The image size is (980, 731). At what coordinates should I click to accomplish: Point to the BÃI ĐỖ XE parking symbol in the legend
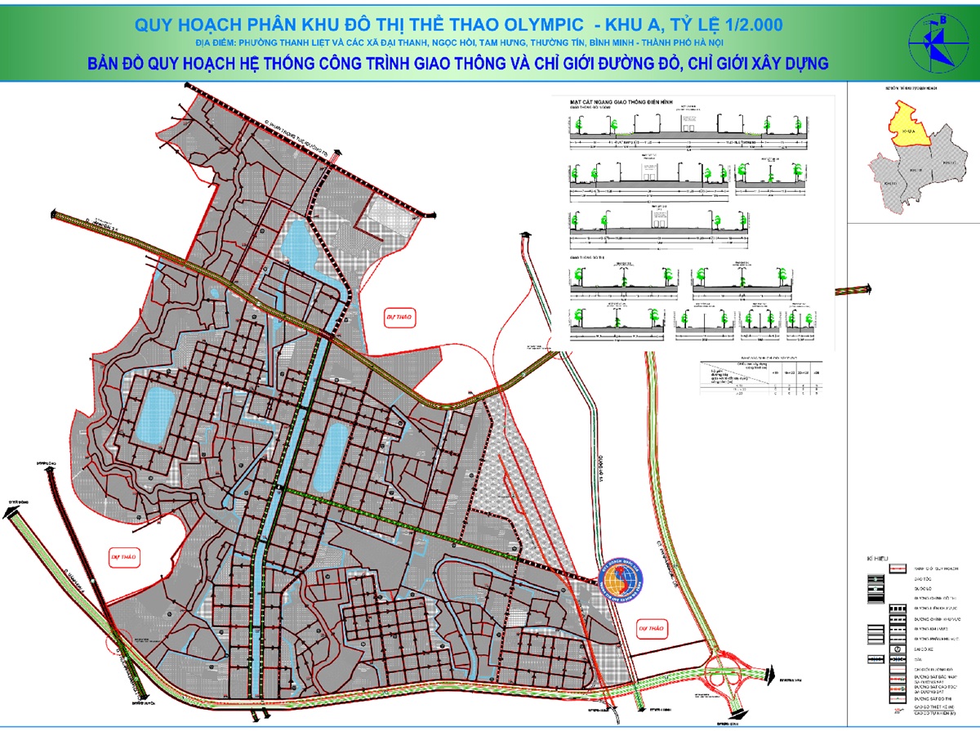coord(875,649)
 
